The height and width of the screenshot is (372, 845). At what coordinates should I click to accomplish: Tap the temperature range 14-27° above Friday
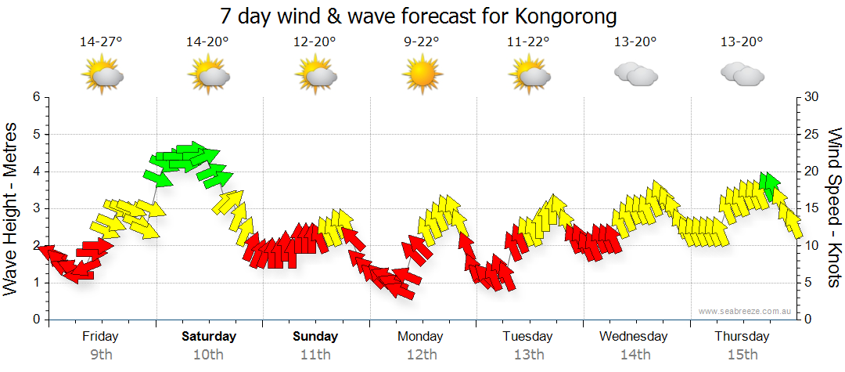(101, 42)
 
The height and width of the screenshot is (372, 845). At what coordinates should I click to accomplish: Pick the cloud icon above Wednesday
(635, 74)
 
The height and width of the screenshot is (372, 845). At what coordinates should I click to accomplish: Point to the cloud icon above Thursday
(742, 74)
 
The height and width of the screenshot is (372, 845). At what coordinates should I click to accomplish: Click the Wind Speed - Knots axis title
(834, 208)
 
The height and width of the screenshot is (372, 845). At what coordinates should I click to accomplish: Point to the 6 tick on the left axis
(36, 97)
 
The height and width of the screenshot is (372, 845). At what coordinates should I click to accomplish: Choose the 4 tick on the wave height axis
(36, 172)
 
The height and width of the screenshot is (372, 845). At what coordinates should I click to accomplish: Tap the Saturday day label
(209, 337)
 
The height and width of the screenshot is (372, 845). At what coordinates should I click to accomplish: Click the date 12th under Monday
(422, 354)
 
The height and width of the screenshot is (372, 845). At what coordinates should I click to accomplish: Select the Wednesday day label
(634, 337)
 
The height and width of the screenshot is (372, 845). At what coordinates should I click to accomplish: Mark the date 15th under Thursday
(742, 354)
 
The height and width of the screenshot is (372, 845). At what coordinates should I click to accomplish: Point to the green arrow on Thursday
(770, 185)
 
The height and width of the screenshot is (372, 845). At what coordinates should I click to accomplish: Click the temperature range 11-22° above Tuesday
(529, 42)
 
